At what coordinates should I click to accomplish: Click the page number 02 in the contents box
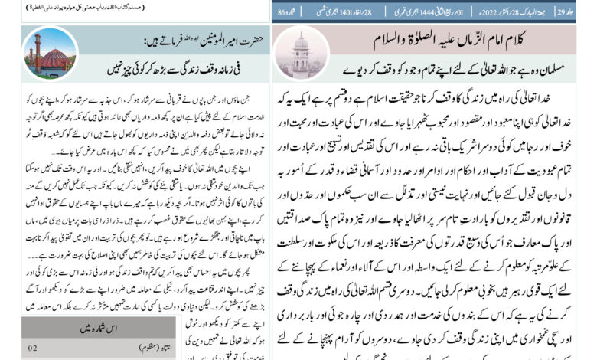click(x=33, y=349)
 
